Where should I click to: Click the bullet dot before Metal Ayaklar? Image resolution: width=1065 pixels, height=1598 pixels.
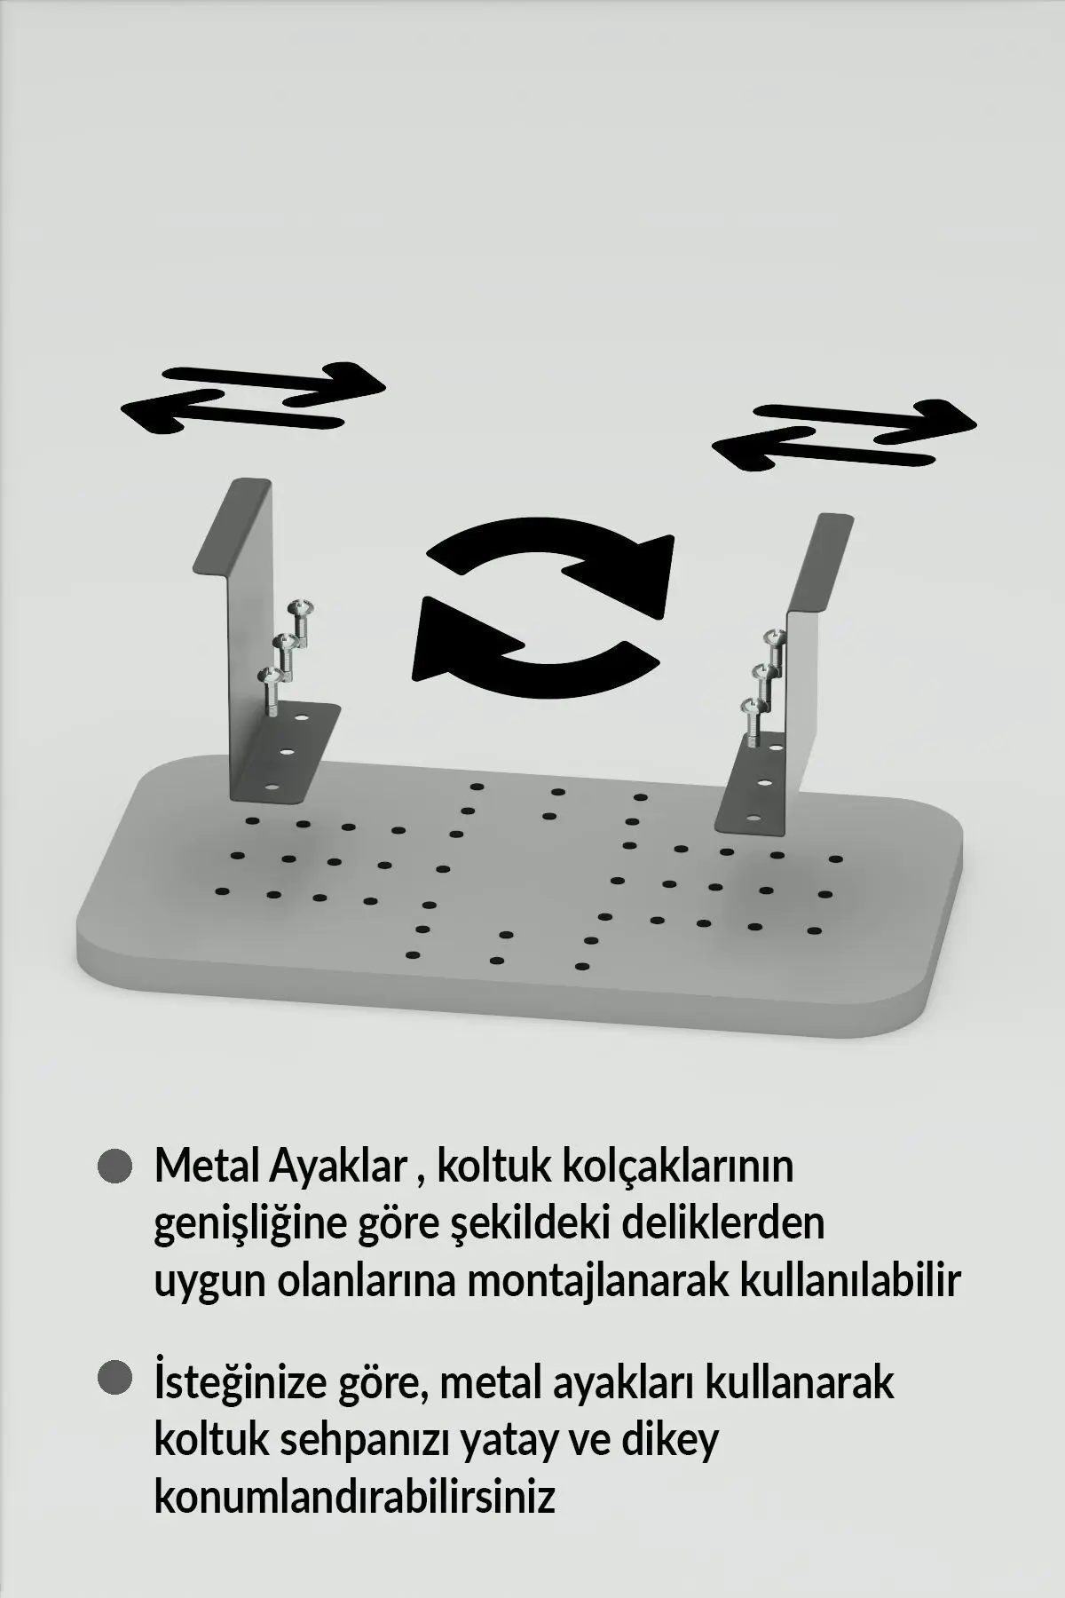114,1167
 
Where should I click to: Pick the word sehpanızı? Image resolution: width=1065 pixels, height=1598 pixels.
366,1440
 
